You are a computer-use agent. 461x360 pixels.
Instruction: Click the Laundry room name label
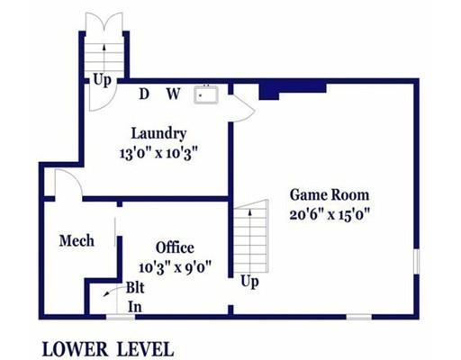click(x=158, y=134)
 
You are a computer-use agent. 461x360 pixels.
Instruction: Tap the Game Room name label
click(x=330, y=195)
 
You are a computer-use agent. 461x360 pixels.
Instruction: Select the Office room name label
click(x=175, y=247)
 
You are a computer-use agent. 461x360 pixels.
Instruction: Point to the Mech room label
click(x=77, y=241)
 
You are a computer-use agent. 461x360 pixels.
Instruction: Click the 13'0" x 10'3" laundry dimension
click(x=158, y=154)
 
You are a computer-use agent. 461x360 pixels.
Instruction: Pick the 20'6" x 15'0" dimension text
click(x=330, y=215)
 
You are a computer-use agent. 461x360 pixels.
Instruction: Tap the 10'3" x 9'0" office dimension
click(x=175, y=267)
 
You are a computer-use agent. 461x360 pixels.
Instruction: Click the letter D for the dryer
click(x=144, y=94)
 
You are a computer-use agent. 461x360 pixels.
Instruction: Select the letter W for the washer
click(x=174, y=94)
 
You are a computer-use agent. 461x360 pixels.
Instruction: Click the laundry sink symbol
click(x=206, y=94)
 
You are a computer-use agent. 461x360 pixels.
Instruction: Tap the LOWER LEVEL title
click(x=108, y=349)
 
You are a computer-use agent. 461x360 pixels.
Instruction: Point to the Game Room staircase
click(x=251, y=237)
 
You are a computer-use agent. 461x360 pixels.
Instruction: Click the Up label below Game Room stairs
click(x=249, y=283)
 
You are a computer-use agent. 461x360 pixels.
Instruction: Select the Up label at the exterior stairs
click(x=102, y=80)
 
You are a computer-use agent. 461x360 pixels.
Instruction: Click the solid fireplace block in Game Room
click(x=293, y=91)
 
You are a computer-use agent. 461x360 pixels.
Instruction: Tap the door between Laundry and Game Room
click(x=244, y=109)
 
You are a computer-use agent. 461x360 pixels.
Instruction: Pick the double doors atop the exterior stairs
click(x=104, y=22)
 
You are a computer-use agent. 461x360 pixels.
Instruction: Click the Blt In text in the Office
click(x=135, y=297)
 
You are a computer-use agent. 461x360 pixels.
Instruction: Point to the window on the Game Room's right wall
click(x=416, y=261)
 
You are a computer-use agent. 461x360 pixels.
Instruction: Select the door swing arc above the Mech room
click(x=73, y=177)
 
